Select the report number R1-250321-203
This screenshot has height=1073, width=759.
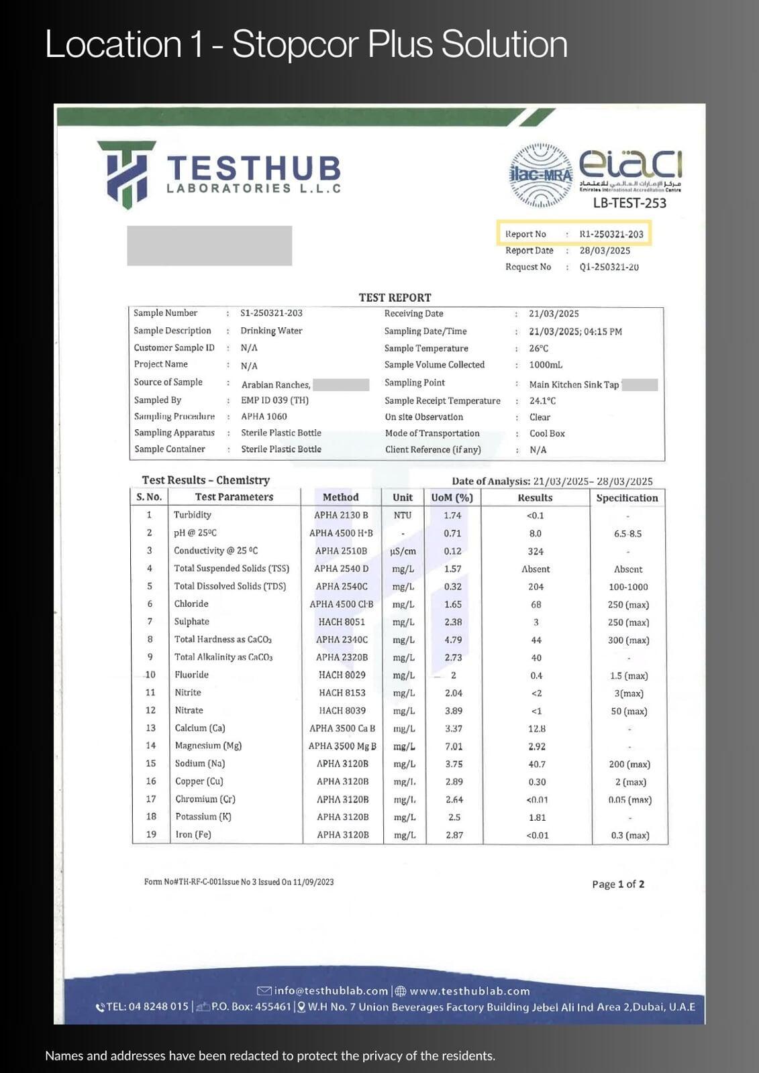[x=611, y=234]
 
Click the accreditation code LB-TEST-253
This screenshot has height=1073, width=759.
[x=629, y=203]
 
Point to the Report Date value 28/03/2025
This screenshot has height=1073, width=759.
[x=605, y=251]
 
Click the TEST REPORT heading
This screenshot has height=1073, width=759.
[x=395, y=297]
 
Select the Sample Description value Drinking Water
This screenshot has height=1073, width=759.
[x=271, y=331]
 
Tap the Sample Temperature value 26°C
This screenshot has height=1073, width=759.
[x=538, y=349]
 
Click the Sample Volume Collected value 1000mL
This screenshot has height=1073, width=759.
[x=546, y=365]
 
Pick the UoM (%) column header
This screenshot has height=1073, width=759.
[x=452, y=498]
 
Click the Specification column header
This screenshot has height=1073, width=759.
[x=627, y=498]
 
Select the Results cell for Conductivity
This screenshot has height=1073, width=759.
[x=536, y=551]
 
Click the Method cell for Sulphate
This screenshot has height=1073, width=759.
[x=342, y=622]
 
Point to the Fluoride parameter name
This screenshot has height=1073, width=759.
[x=191, y=675]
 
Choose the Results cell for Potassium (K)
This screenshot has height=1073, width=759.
[x=537, y=817]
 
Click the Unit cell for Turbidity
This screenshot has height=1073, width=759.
[x=403, y=515]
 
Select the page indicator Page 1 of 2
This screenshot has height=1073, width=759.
[x=618, y=884]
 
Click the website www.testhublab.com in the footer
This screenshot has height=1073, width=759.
[x=469, y=991]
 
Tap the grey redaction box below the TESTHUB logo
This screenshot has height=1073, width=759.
[x=209, y=245]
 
